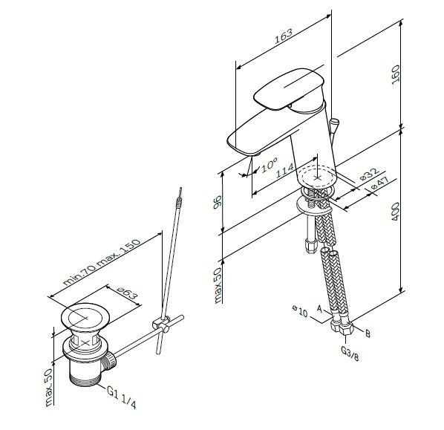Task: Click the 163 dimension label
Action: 284,36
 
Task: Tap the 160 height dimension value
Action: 396,74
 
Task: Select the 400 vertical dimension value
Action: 395,212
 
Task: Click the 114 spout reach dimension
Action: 285,171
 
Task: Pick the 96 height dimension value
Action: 218,202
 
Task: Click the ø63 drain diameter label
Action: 127,293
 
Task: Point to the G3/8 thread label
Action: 350,354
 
